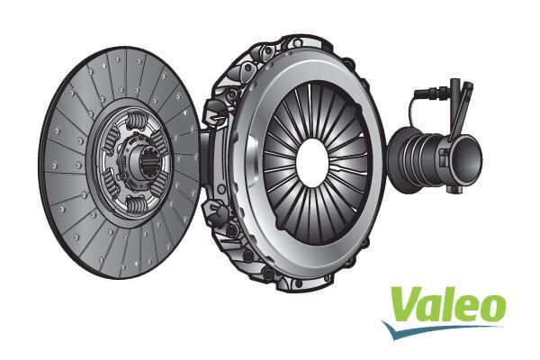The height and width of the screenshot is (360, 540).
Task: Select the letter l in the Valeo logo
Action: [443, 301]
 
